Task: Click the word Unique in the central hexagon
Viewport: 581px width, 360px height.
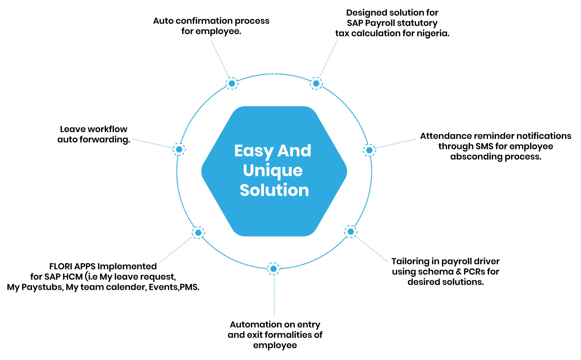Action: pos(273,171)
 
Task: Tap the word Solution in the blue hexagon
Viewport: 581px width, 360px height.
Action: pos(274,190)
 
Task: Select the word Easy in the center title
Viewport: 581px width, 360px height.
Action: pos(254,151)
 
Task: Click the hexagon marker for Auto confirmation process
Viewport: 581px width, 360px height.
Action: pos(232,83)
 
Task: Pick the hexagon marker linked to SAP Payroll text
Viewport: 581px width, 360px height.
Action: pos(316,83)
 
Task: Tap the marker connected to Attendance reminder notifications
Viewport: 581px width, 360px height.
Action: pos(369,150)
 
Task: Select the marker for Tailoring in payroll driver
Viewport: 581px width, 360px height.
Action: pos(350,232)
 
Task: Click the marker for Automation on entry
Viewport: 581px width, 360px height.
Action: pos(273,268)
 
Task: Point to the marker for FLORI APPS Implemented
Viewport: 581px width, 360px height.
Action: pos(198,233)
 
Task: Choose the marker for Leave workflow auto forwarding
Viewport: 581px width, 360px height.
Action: pos(179,149)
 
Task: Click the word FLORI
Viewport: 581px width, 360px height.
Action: pos(61,266)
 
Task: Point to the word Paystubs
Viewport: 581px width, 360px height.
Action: pos(42,287)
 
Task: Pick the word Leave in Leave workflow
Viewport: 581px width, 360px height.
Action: pos(71,129)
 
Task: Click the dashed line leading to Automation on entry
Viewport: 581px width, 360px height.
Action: pos(274,296)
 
